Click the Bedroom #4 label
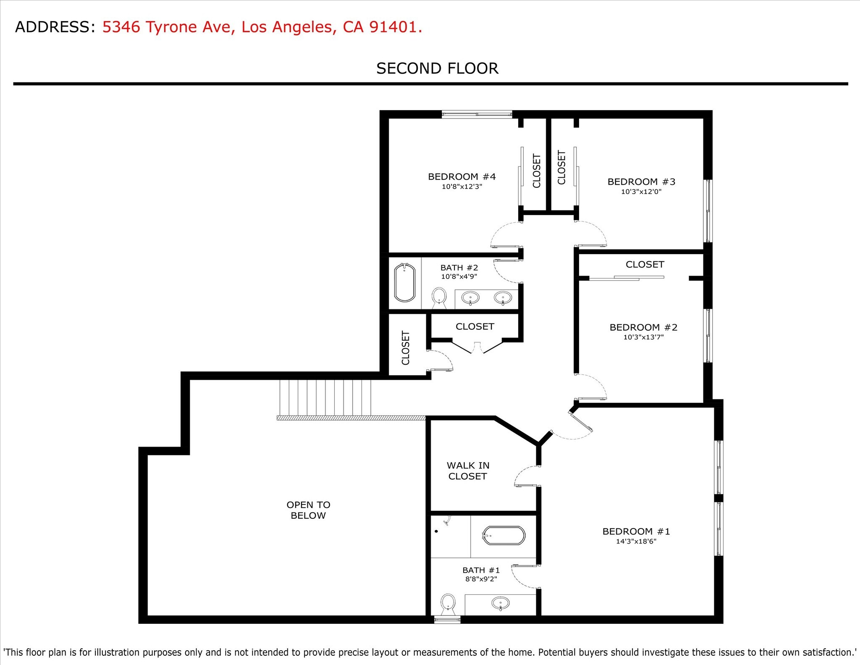point(461,177)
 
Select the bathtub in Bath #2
point(405,283)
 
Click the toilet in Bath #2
point(439,296)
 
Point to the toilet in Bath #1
point(448,602)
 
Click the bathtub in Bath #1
point(503,536)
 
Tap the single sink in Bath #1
point(500,603)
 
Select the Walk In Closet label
point(468,471)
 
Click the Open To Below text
point(308,510)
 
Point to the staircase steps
point(325,397)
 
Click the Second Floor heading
point(437,68)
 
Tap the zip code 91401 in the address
point(393,27)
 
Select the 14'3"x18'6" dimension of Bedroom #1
point(636,541)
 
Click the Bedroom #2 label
point(643,327)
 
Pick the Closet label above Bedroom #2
point(645,265)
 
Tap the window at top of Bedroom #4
point(477,113)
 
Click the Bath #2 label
point(459,268)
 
